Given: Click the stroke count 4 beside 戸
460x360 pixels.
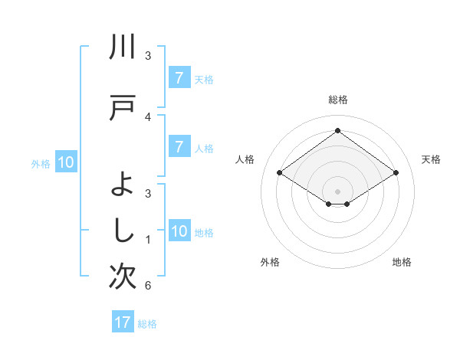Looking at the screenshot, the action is pyautogui.click(x=148, y=116).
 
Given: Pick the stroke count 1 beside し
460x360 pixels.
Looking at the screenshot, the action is pyautogui.click(x=148, y=240).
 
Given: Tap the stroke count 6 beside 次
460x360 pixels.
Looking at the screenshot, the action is pyautogui.click(x=148, y=286).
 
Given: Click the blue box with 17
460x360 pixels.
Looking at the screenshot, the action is pyautogui.click(x=123, y=322).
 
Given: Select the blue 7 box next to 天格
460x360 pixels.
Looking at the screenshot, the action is pyautogui.click(x=179, y=78).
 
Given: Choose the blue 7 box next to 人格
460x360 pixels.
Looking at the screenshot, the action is pyautogui.click(x=179, y=147).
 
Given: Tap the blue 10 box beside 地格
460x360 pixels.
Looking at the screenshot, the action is pyautogui.click(x=179, y=232).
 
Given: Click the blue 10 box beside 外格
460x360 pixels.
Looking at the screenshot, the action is pyautogui.click(x=66, y=162).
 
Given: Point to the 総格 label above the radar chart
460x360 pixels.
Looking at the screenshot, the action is pyautogui.click(x=337, y=100).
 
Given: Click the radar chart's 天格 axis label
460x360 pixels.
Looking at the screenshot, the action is pyautogui.click(x=432, y=159).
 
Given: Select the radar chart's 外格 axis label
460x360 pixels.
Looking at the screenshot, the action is pyautogui.click(x=270, y=262).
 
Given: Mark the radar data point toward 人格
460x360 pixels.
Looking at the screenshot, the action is pyautogui.click(x=280, y=173).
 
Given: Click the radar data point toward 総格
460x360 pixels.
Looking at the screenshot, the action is pyautogui.click(x=337, y=131).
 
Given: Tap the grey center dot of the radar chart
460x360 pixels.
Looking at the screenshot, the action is pyautogui.click(x=337, y=191).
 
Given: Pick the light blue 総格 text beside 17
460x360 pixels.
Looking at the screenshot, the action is pyautogui.click(x=147, y=323).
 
